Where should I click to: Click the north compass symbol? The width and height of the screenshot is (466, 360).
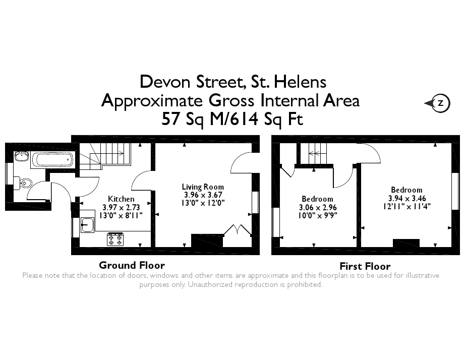coord(438,103)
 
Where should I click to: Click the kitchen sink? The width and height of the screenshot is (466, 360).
coord(86,224)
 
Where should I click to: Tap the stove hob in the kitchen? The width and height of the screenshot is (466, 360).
coord(114,239)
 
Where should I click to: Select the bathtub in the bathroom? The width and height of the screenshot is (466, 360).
coord(53,160)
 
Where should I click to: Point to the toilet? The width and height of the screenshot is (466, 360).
coord(24,182)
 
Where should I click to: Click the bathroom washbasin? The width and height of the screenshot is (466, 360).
coord(21,156)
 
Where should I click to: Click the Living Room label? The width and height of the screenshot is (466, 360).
coord(203,187)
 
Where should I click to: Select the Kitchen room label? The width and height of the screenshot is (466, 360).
coord(121,199)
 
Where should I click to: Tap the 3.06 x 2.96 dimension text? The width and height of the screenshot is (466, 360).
coord(317,207)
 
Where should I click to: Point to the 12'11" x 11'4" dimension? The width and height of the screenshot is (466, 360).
coord(406,206)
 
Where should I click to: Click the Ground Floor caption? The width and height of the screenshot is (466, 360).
coord(132,265)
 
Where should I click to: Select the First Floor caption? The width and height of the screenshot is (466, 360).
coord(365,266)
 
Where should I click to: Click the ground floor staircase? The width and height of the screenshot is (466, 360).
coord(110,154)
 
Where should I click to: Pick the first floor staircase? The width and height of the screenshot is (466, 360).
coord(315,153)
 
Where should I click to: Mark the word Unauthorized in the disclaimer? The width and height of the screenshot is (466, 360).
coord(212,284)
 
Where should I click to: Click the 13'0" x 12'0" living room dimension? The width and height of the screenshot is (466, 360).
coord(203,202)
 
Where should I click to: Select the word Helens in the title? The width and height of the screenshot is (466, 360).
coord(300,82)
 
